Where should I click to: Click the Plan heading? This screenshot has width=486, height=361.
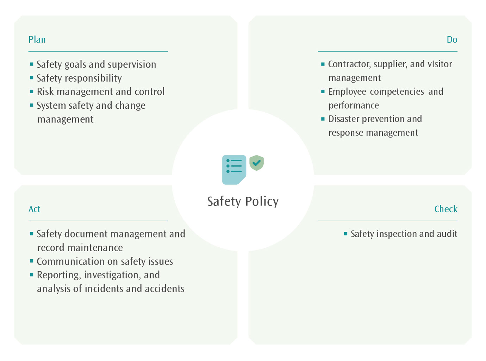(37, 39)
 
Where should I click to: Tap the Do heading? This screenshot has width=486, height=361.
(452, 39)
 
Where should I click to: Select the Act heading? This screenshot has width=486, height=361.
(34, 209)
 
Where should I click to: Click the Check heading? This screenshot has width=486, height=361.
(445, 209)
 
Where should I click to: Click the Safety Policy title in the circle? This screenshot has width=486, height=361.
(243, 202)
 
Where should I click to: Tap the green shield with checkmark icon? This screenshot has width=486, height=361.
(256, 163)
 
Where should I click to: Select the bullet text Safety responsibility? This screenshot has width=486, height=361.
(79, 78)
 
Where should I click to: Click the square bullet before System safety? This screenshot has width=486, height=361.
(32, 105)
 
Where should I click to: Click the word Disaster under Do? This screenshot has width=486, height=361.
(344, 119)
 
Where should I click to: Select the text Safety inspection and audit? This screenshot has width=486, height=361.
(404, 234)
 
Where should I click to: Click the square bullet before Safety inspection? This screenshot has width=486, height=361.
(345, 234)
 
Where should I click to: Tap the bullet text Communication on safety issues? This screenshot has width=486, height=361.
(105, 261)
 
